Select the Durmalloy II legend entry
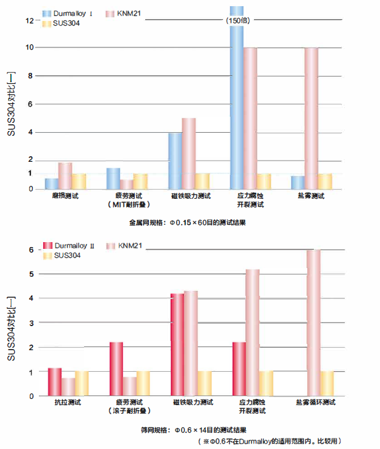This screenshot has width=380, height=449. click(70, 246)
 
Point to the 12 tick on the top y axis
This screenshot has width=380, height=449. click(29, 20)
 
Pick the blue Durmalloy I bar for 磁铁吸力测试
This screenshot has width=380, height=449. click(175, 161)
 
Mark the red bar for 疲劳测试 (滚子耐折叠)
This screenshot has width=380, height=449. click(116, 369)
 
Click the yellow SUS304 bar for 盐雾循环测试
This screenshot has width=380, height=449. click(327, 383)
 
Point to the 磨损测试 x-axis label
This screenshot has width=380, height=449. click(65, 196)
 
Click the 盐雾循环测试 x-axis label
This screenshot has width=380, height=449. click(315, 403)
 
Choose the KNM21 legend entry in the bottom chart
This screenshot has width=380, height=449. click(130, 246)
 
